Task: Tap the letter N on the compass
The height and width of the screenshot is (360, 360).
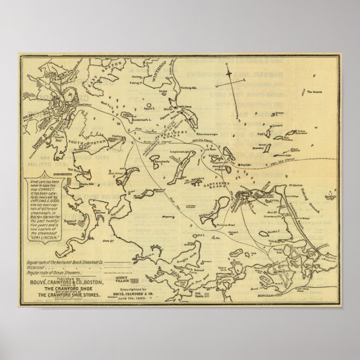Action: coord(228,64)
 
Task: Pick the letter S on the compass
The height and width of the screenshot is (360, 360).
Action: coord(239,120)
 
